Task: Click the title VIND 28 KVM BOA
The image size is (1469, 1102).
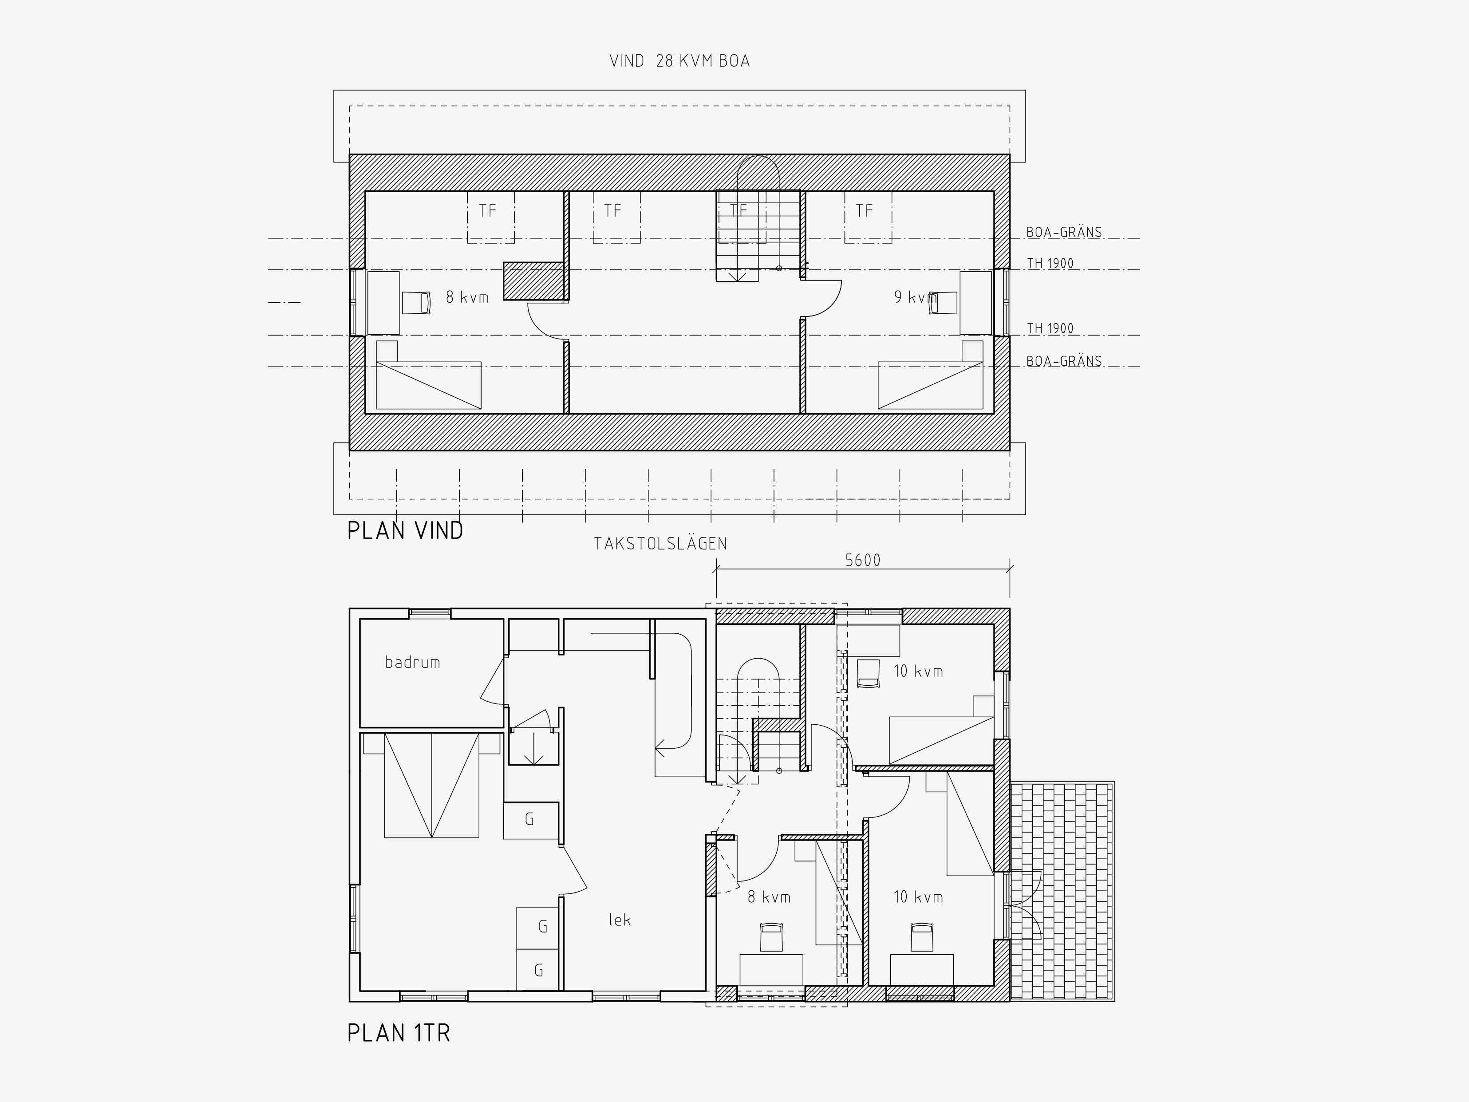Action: (x=679, y=61)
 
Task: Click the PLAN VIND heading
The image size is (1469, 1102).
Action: (x=405, y=531)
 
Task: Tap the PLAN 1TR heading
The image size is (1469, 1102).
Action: (x=399, y=1033)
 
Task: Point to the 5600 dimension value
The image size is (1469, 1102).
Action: (x=863, y=561)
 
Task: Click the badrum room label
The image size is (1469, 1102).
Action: (x=412, y=662)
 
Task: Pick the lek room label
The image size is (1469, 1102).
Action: (x=620, y=920)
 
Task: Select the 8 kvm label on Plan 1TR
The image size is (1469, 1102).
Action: (x=769, y=897)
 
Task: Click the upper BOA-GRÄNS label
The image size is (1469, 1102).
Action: (x=1064, y=233)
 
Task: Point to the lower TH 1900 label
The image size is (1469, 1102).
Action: (x=1050, y=328)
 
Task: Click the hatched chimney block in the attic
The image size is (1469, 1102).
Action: (x=534, y=281)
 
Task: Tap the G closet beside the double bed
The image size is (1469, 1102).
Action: (x=530, y=820)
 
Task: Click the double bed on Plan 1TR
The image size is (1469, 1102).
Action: (x=432, y=785)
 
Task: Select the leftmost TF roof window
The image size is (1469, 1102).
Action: (x=490, y=217)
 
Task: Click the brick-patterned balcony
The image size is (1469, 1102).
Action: (x=1062, y=892)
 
